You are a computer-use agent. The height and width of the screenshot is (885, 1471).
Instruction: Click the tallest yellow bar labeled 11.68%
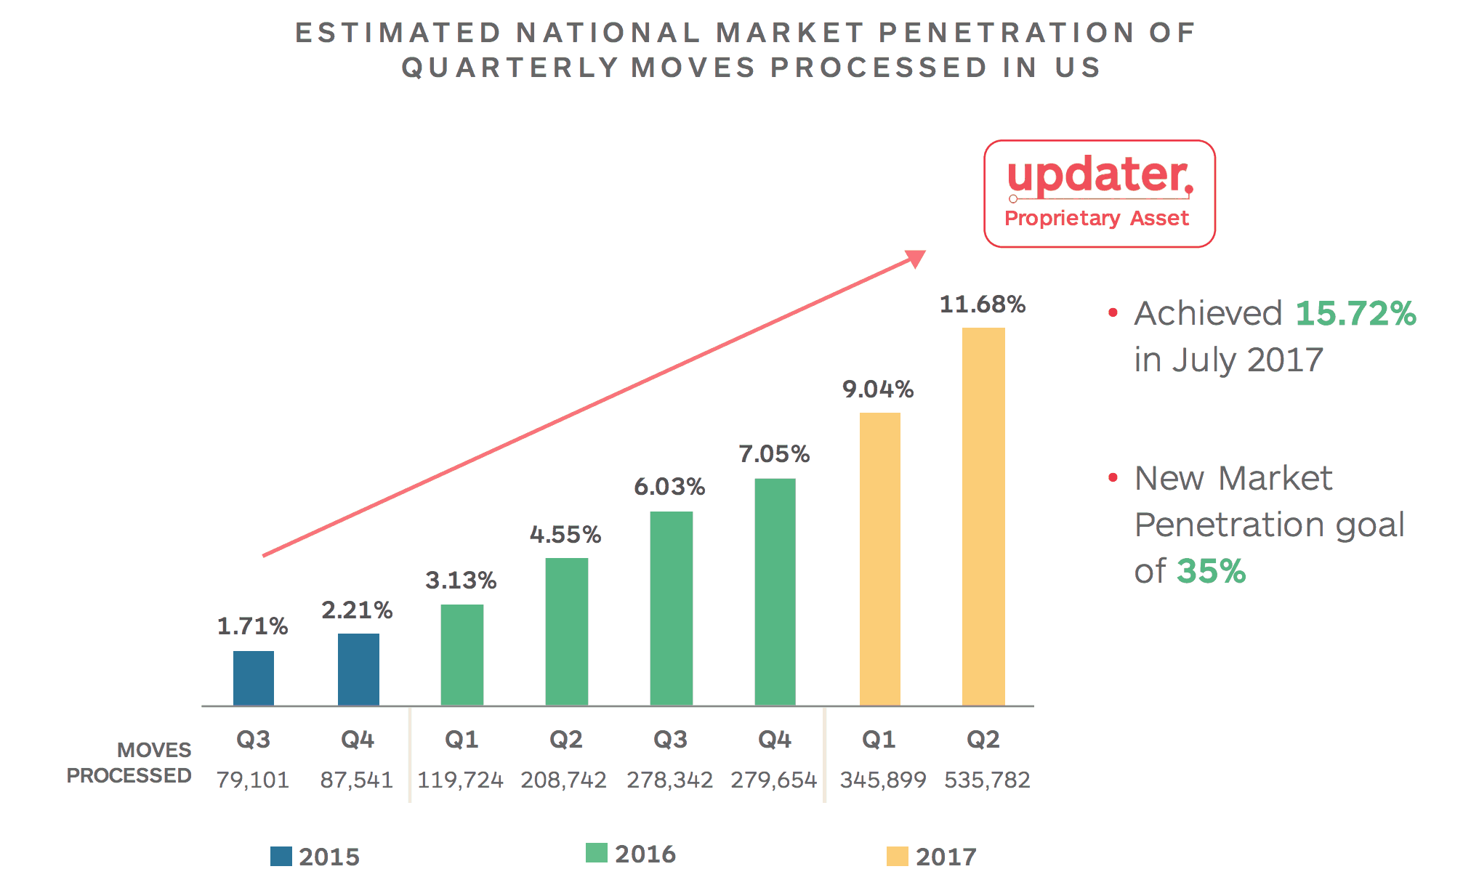click(983, 516)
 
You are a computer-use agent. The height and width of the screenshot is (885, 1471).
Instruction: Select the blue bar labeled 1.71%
click(254, 678)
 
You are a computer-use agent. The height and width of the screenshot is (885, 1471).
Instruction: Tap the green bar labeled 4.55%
click(567, 631)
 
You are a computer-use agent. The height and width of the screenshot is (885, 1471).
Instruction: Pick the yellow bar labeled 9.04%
click(880, 559)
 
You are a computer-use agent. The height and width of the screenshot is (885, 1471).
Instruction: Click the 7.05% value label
click(774, 454)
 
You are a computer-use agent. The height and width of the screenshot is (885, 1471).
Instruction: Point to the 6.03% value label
click(669, 487)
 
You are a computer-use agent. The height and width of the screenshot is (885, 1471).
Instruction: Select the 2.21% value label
click(357, 610)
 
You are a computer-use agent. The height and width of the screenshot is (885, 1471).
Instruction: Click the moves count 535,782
click(987, 780)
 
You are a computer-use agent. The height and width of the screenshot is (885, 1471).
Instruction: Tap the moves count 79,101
click(253, 780)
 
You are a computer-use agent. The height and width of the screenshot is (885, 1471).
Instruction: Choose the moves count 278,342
click(669, 780)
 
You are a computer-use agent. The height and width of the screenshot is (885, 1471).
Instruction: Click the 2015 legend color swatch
click(281, 856)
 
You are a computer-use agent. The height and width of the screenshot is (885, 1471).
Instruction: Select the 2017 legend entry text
click(946, 857)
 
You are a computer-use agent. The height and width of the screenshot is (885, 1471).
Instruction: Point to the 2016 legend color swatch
click(596, 853)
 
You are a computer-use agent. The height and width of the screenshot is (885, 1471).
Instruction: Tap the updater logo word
click(1099, 175)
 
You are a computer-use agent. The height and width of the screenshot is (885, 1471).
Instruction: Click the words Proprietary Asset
click(1097, 218)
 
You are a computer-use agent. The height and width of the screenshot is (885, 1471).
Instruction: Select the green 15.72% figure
click(1355, 313)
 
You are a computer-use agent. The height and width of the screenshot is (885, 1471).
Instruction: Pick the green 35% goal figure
click(1211, 571)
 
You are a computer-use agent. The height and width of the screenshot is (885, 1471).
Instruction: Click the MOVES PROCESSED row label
click(129, 763)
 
